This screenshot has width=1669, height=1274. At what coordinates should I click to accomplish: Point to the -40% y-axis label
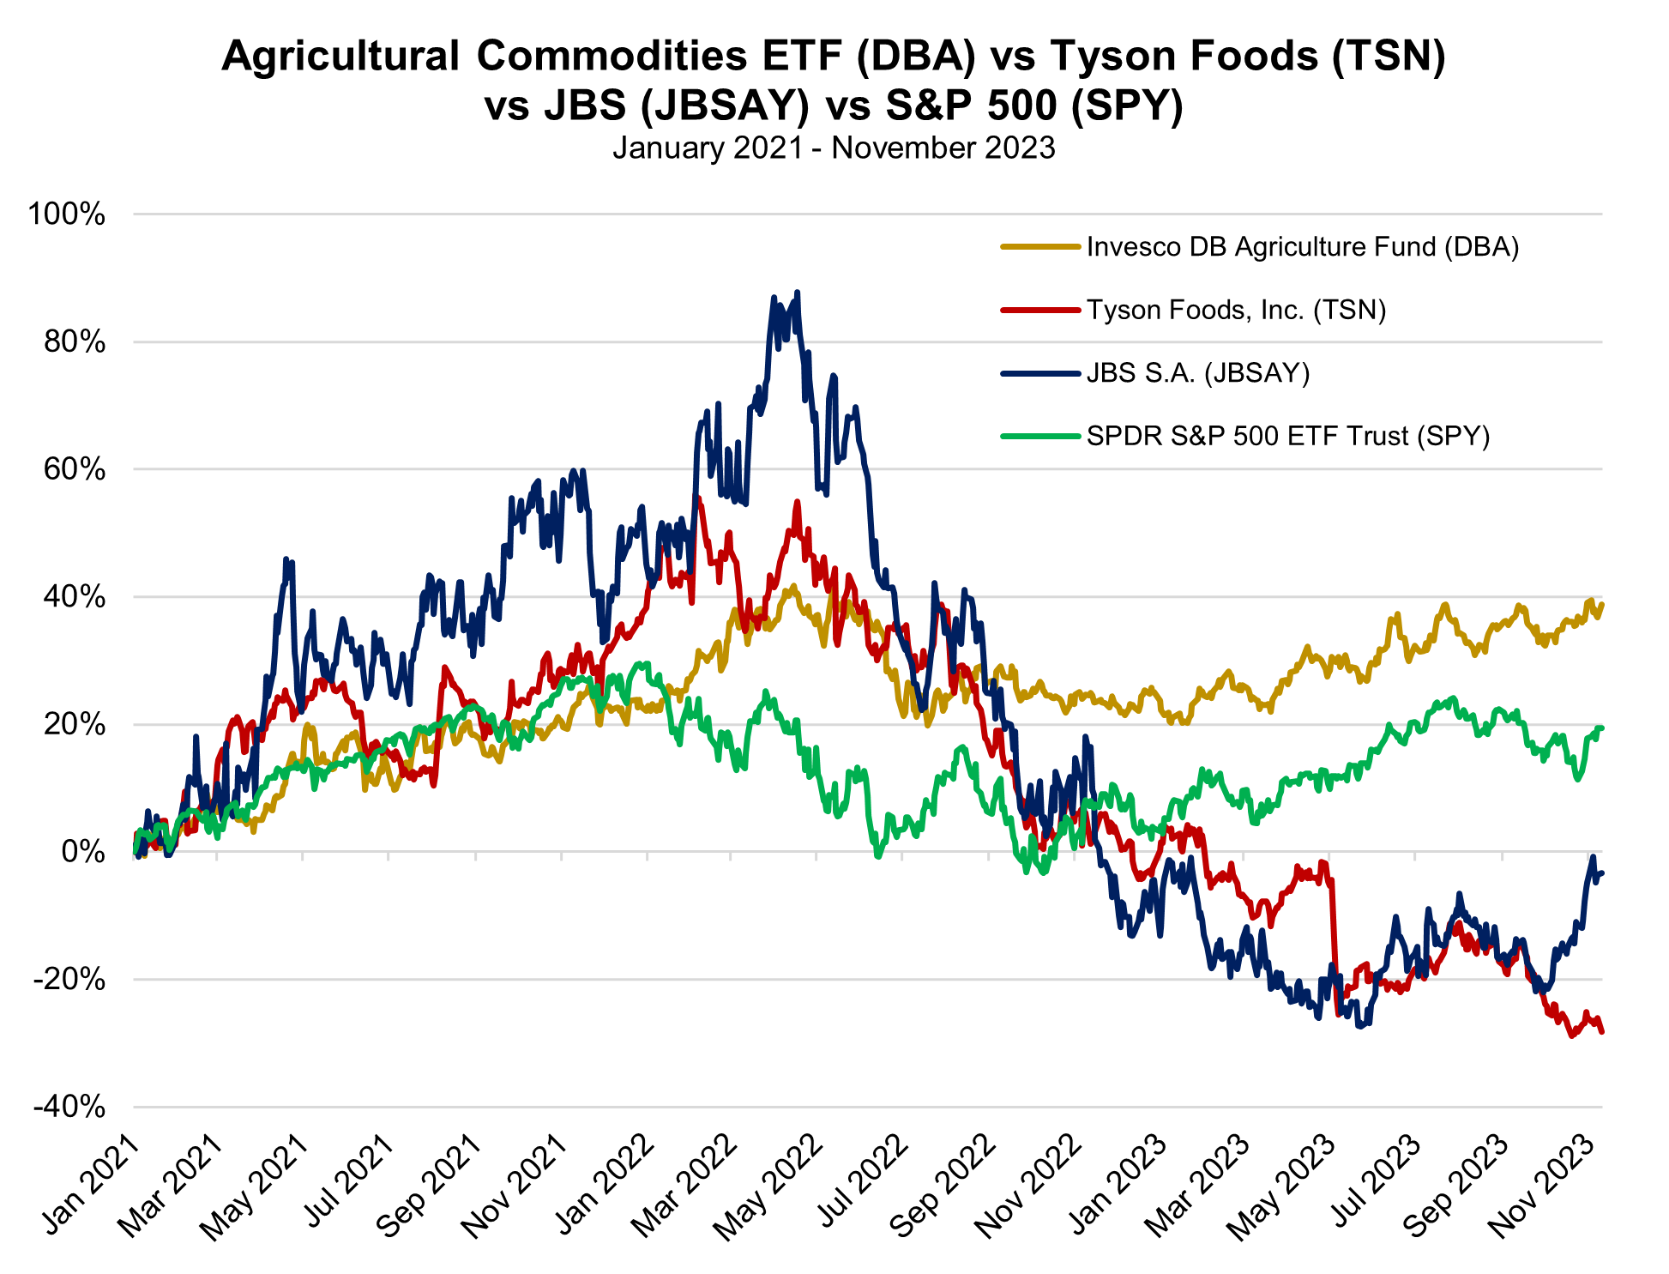(x=69, y=1107)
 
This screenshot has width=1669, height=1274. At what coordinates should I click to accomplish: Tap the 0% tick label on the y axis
(x=83, y=853)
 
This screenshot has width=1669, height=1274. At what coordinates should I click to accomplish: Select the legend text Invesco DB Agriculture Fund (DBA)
(x=1302, y=247)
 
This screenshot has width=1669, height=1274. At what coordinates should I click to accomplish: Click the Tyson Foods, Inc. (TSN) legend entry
(x=1236, y=310)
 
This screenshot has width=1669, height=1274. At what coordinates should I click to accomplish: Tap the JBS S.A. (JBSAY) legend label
(x=1197, y=373)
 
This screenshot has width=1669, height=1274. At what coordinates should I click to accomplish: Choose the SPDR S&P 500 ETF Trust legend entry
(x=1287, y=437)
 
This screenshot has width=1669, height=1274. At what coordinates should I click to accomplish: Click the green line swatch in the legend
(x=1039, y=437)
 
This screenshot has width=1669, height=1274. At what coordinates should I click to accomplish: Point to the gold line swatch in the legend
(x=1039, y=247)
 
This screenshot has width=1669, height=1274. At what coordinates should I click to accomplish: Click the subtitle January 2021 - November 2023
(x=834, y=148)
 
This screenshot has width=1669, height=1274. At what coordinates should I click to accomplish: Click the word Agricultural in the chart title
(x=340, y=57)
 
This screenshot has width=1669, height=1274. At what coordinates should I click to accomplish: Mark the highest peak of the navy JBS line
(x=798, y=293)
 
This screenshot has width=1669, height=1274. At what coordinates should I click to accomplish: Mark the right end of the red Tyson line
(x=1601, y=1031)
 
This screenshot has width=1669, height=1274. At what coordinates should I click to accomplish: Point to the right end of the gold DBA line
(x=1601, y=605)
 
